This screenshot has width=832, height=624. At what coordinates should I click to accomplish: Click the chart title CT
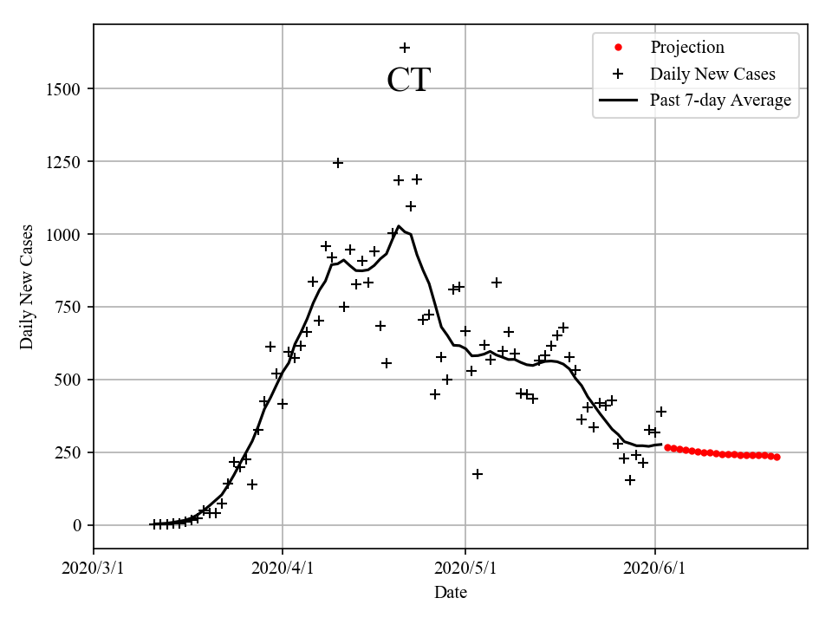tap(408, 80)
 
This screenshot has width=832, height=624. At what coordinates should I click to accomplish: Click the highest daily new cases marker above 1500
tap(405, 48)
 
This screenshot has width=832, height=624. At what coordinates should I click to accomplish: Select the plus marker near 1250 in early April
tap(338, 163)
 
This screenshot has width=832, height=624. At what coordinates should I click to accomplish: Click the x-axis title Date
tap(451, 593)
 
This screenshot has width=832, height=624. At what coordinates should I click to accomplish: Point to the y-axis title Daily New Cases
tap(27, 287)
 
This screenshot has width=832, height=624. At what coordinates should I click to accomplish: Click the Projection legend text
tap(687, 48)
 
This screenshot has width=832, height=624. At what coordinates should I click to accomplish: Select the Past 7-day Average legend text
tap(720, 101)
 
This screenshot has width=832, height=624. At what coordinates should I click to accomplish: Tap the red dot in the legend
tap(618, 48)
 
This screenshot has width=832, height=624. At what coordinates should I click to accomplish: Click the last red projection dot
tap(777, 457)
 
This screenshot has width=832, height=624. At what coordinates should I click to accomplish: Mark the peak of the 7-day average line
tap(399, 227)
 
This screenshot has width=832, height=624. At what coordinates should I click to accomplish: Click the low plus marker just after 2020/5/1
tap(478, 474)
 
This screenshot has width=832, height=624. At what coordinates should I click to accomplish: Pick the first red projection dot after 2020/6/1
tap(667, 447)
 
